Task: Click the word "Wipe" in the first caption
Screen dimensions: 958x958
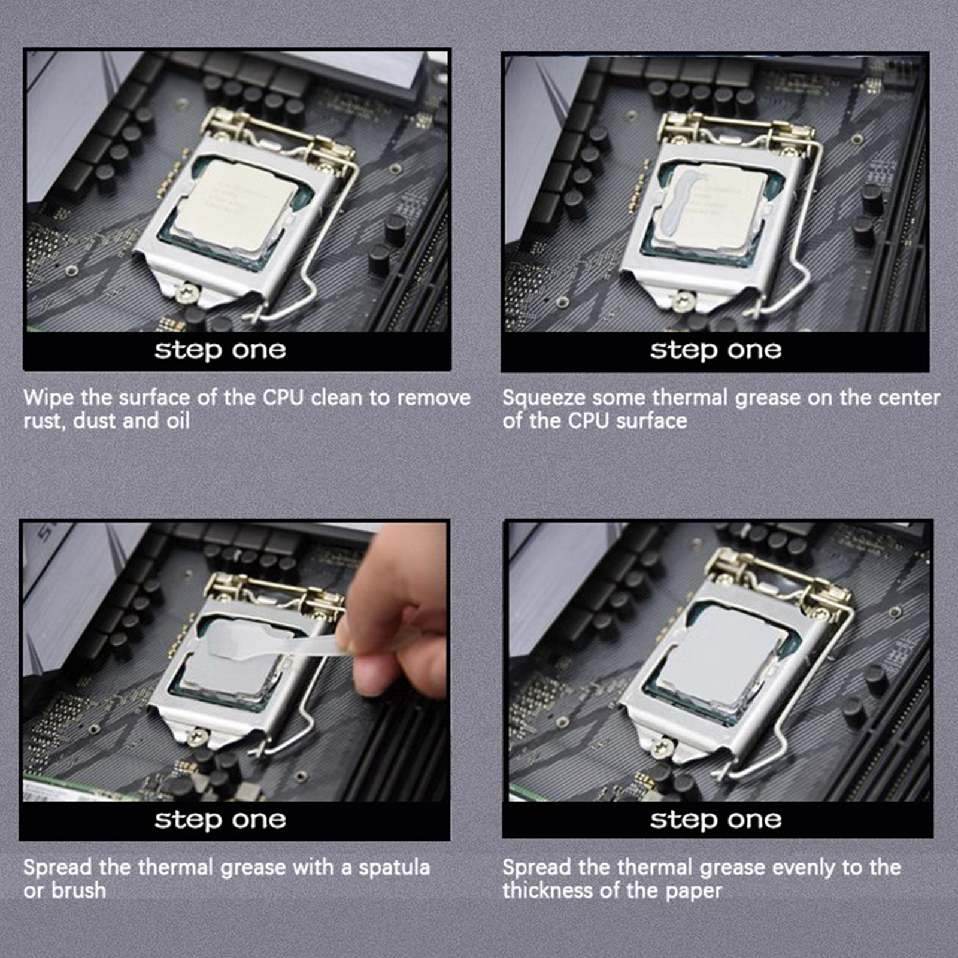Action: click(x=48, y=398)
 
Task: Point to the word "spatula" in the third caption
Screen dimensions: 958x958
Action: click(x=394, y=868)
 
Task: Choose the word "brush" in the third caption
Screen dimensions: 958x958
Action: click(x=78, y=890)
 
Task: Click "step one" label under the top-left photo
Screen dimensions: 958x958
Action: click(x=220, y=350)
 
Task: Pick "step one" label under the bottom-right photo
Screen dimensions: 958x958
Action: click(x=716, y=820)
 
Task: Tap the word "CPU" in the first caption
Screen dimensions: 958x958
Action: click(x=283, y=398)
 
